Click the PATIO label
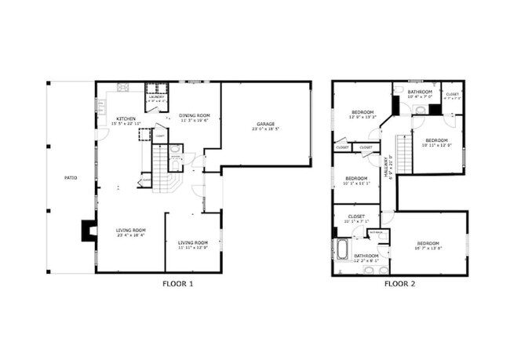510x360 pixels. coord(71,178)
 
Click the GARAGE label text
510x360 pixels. coord(266,124)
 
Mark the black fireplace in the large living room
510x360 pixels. coord(86,231)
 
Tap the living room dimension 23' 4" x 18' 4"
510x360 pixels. coord(131,235)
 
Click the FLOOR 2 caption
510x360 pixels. coord(400,284)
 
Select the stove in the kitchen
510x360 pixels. coord(123,87)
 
